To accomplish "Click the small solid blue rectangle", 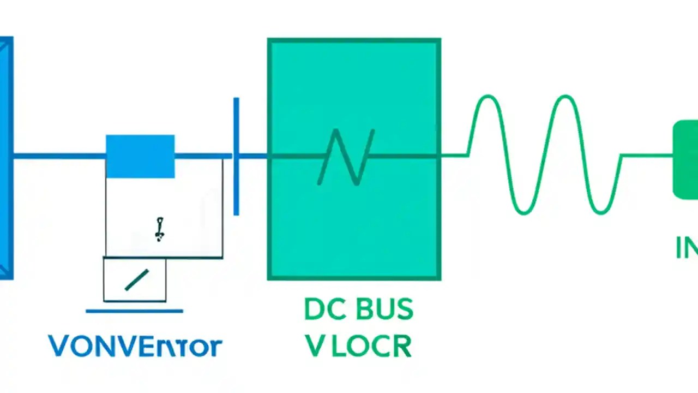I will point(140,156).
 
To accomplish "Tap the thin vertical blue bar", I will point(236,156).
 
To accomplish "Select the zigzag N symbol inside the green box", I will point(347,157).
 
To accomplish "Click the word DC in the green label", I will point(324,310).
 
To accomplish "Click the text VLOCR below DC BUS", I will point(358,346).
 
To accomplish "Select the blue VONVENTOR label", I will point(135,346).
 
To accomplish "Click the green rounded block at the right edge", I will point(686,159).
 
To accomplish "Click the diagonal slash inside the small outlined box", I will point(136,280).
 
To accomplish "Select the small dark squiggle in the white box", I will point(159,229).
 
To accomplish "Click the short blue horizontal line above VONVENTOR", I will point(134,312).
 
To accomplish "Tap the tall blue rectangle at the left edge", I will point(5,158).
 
